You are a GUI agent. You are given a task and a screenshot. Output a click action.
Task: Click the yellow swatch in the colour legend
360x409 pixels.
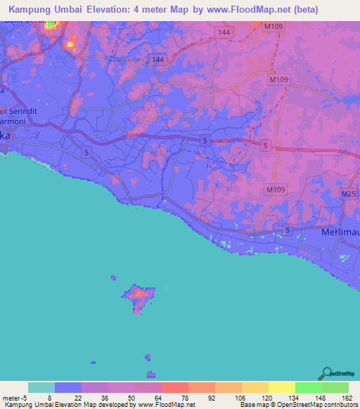point(281,387)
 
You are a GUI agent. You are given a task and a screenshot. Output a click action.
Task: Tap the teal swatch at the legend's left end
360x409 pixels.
point(41,387)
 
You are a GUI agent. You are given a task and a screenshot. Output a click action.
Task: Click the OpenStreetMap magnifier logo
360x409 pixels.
point(326,373)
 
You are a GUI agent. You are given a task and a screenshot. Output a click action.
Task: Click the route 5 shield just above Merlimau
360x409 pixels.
point(287,231)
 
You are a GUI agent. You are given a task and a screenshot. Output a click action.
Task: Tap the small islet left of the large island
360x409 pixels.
point(112,278)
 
